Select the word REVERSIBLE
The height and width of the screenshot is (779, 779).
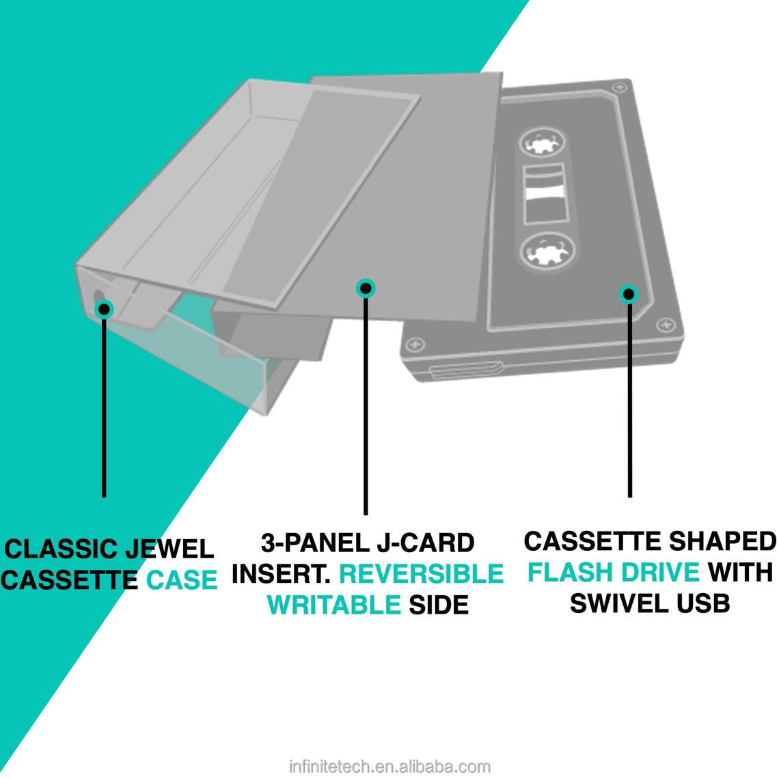tap(422, 573)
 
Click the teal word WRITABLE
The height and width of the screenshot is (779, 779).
tap(334, 605)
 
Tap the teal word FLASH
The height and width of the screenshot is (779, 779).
tap(571, 572)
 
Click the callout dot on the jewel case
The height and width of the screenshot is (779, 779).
tap(104, 309)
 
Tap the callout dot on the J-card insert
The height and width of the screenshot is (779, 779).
tap(366, 288)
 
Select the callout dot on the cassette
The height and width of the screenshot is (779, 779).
tap(628, 295)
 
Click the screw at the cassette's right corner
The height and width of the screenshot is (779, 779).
tap(661, 324)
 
